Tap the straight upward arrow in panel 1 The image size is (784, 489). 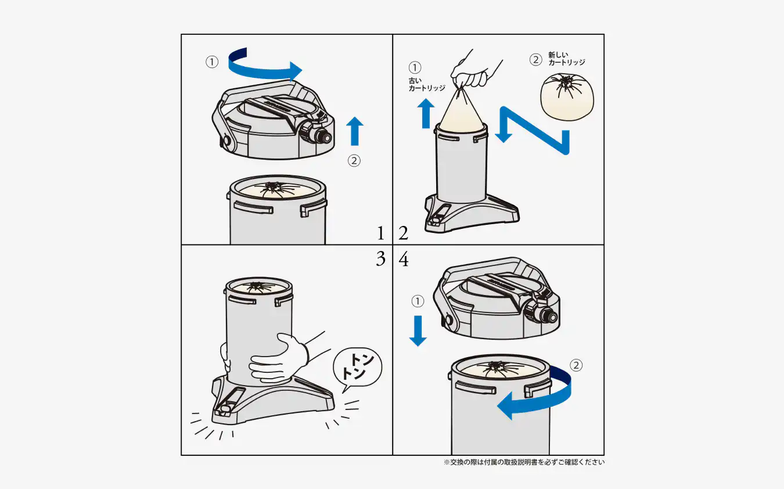coord(355,131)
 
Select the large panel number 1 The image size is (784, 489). coord(381,233)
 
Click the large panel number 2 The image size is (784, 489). coord(403,233)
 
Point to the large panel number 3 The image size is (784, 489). coord(381,258)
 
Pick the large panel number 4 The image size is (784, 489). coord(404,260)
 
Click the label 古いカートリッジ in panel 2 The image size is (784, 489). coord(427,84)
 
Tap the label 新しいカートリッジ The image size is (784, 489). coord(566,59)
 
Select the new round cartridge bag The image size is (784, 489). coord(567,97)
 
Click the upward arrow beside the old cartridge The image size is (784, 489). coord(426,113)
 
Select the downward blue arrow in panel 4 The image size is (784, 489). coord(418,331)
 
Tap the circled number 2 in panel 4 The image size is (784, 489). coord(576,365)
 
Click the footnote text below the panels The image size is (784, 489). coord(524,462)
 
